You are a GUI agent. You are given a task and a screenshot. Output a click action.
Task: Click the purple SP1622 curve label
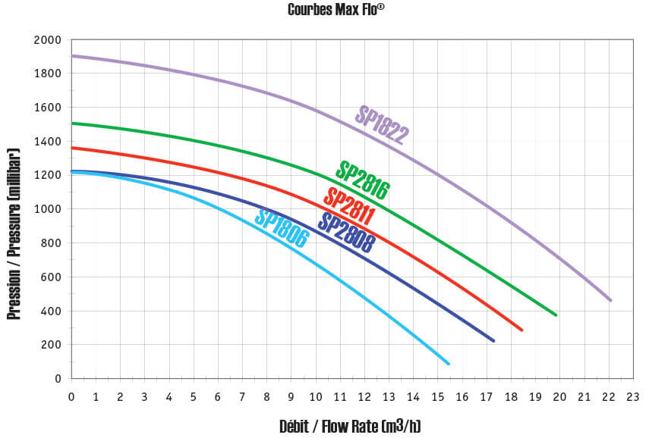[382, 126]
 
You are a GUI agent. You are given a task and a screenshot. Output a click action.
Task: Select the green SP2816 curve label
[362, 180]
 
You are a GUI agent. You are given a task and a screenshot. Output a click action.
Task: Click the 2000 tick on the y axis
[48, 39]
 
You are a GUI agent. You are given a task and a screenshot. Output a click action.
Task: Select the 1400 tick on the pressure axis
[48, 142]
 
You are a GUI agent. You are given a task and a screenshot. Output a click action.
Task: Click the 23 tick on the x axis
[632, 396]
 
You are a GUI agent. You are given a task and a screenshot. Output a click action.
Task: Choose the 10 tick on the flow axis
[315, 396]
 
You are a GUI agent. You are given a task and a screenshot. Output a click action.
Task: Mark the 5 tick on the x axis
[193, 396]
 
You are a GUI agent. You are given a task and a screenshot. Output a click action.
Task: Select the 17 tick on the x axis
[486, 396]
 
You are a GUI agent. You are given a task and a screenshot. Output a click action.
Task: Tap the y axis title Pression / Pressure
[13, 234]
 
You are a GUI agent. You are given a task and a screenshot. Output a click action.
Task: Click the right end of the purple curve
[610, 300]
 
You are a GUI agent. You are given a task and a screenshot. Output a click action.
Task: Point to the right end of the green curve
[556, 315]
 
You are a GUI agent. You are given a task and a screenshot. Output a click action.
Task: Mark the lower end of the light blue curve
[449, 364]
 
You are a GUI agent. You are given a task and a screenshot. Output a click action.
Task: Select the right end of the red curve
[522, 330]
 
